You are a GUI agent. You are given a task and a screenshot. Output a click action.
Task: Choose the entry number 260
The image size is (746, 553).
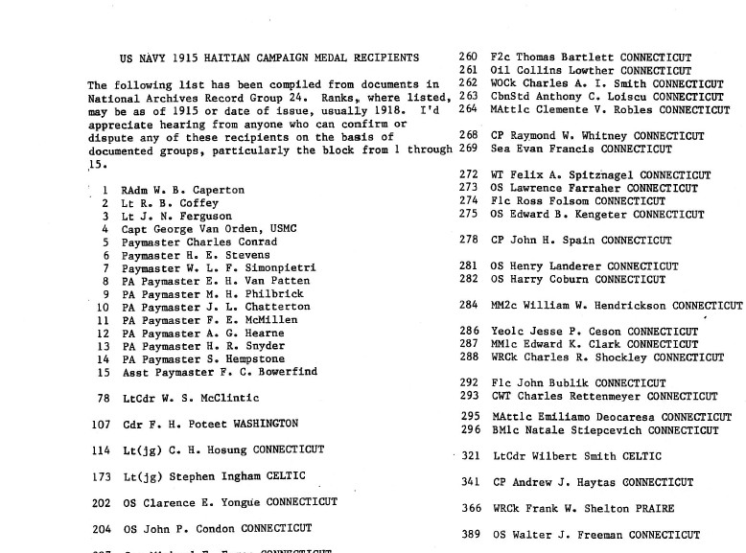coord(469,58)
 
